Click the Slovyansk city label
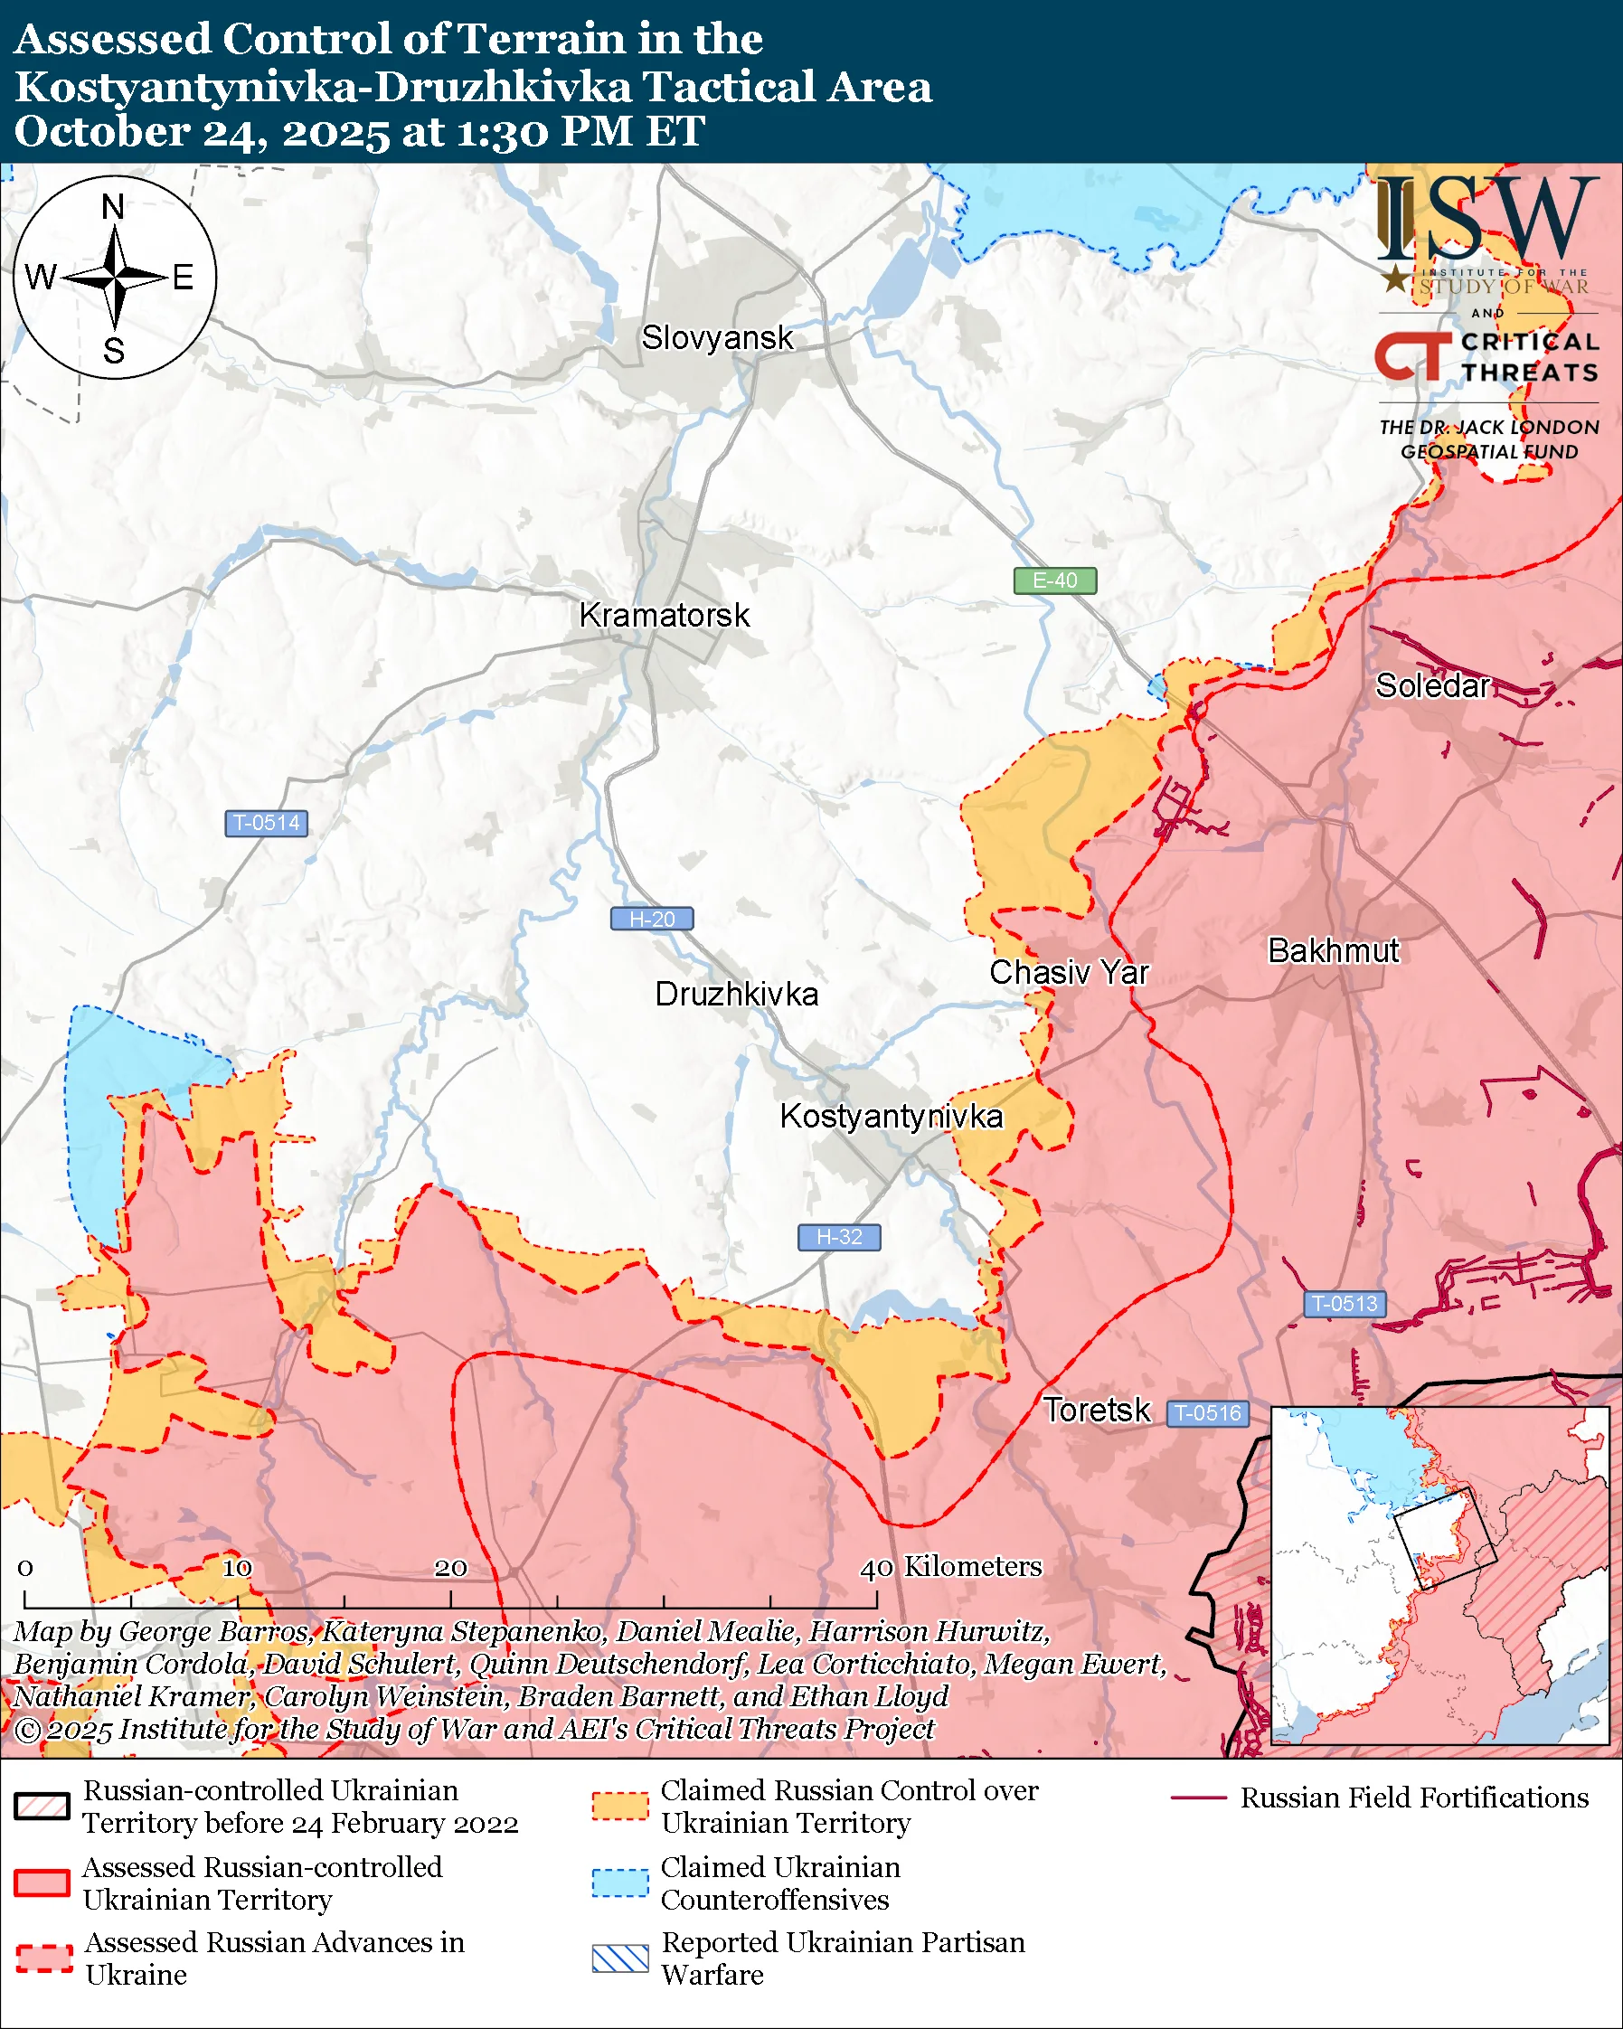717,338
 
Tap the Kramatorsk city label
665,616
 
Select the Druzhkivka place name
736,995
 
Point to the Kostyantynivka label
891,1117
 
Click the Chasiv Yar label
1069,973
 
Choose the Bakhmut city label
1334,951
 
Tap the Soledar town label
1432,686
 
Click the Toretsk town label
1096,1411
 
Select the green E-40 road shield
1054,580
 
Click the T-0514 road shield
266,824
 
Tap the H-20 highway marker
652,920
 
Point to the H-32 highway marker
839,1238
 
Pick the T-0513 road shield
1345,1305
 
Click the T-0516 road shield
1208,1413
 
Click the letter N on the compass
113,207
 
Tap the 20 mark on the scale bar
450,1569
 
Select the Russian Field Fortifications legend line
1199,1798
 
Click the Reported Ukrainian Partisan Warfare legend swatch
620,1958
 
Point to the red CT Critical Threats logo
1412,355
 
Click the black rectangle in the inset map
1443,1539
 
